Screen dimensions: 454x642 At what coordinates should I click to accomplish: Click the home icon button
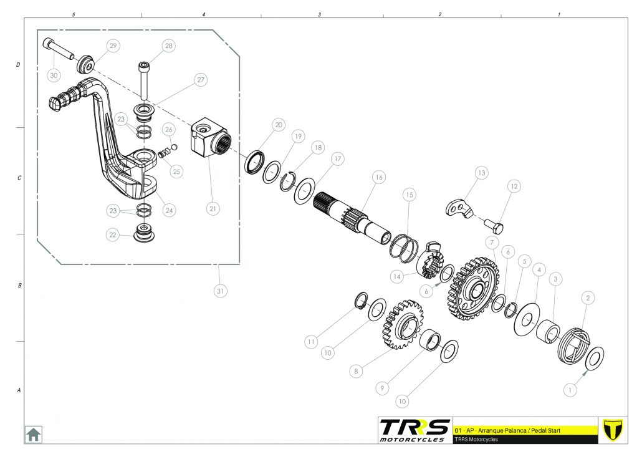click(33, 433)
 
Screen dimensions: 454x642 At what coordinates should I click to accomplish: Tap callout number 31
click(219, 290)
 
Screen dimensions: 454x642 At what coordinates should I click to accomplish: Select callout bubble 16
click(378, 177)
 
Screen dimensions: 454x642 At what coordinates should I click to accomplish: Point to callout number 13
click(481, 172)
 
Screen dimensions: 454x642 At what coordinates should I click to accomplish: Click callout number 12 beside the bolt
click(514, 186)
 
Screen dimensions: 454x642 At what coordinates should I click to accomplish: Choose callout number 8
click(356, 370)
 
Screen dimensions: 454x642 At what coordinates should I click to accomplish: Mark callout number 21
click(213, 209)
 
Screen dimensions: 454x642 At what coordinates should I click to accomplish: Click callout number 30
click(54, 75)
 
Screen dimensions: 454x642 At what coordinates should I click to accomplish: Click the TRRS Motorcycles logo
click(414, 430)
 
